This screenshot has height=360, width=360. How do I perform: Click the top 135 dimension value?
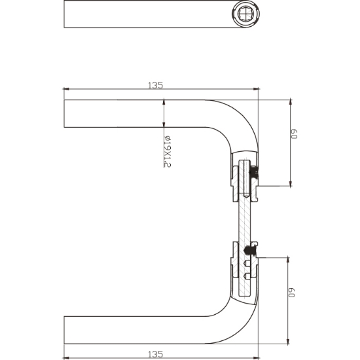155,84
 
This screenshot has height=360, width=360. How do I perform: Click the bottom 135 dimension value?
155,353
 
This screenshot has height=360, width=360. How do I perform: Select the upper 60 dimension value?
295,134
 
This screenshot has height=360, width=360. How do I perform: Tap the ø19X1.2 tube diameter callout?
168,151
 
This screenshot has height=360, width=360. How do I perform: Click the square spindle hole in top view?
241,13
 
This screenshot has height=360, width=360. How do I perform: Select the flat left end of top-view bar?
65,14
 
